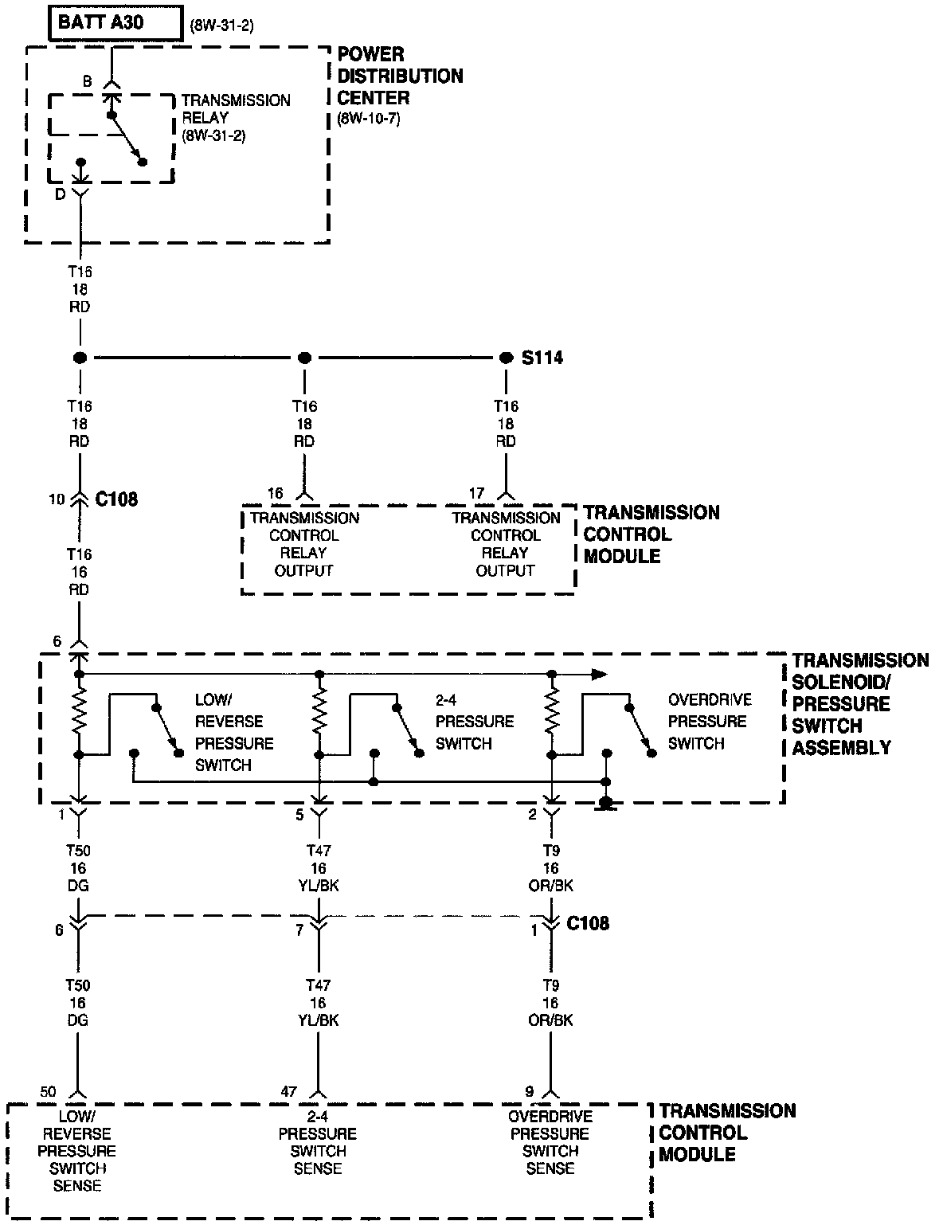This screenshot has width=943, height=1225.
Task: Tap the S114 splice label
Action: click(x=542, y=358)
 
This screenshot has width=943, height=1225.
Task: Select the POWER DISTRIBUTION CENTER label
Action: click(x=400, y=76)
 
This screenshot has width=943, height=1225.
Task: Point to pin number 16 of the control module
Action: click(x=275, y=494)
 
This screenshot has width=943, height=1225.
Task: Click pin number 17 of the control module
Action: click(x=476, y=494)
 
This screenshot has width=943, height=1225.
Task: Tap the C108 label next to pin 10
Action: click(x=116, y=499)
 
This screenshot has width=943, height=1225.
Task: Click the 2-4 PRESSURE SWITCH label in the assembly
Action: click(x=475, y=722)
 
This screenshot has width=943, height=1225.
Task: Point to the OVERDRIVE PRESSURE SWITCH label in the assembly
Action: click(x=709, y=722)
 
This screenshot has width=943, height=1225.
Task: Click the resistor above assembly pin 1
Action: click(x=79, y=713)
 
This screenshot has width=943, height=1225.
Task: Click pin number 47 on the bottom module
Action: click(x=288, y=1091)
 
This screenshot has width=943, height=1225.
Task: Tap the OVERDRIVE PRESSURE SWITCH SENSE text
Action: click(x=550, y=1142)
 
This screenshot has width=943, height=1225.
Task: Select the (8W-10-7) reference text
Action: click(x=368, y=119)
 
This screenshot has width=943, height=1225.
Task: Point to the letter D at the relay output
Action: click(x=61, y=194)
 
